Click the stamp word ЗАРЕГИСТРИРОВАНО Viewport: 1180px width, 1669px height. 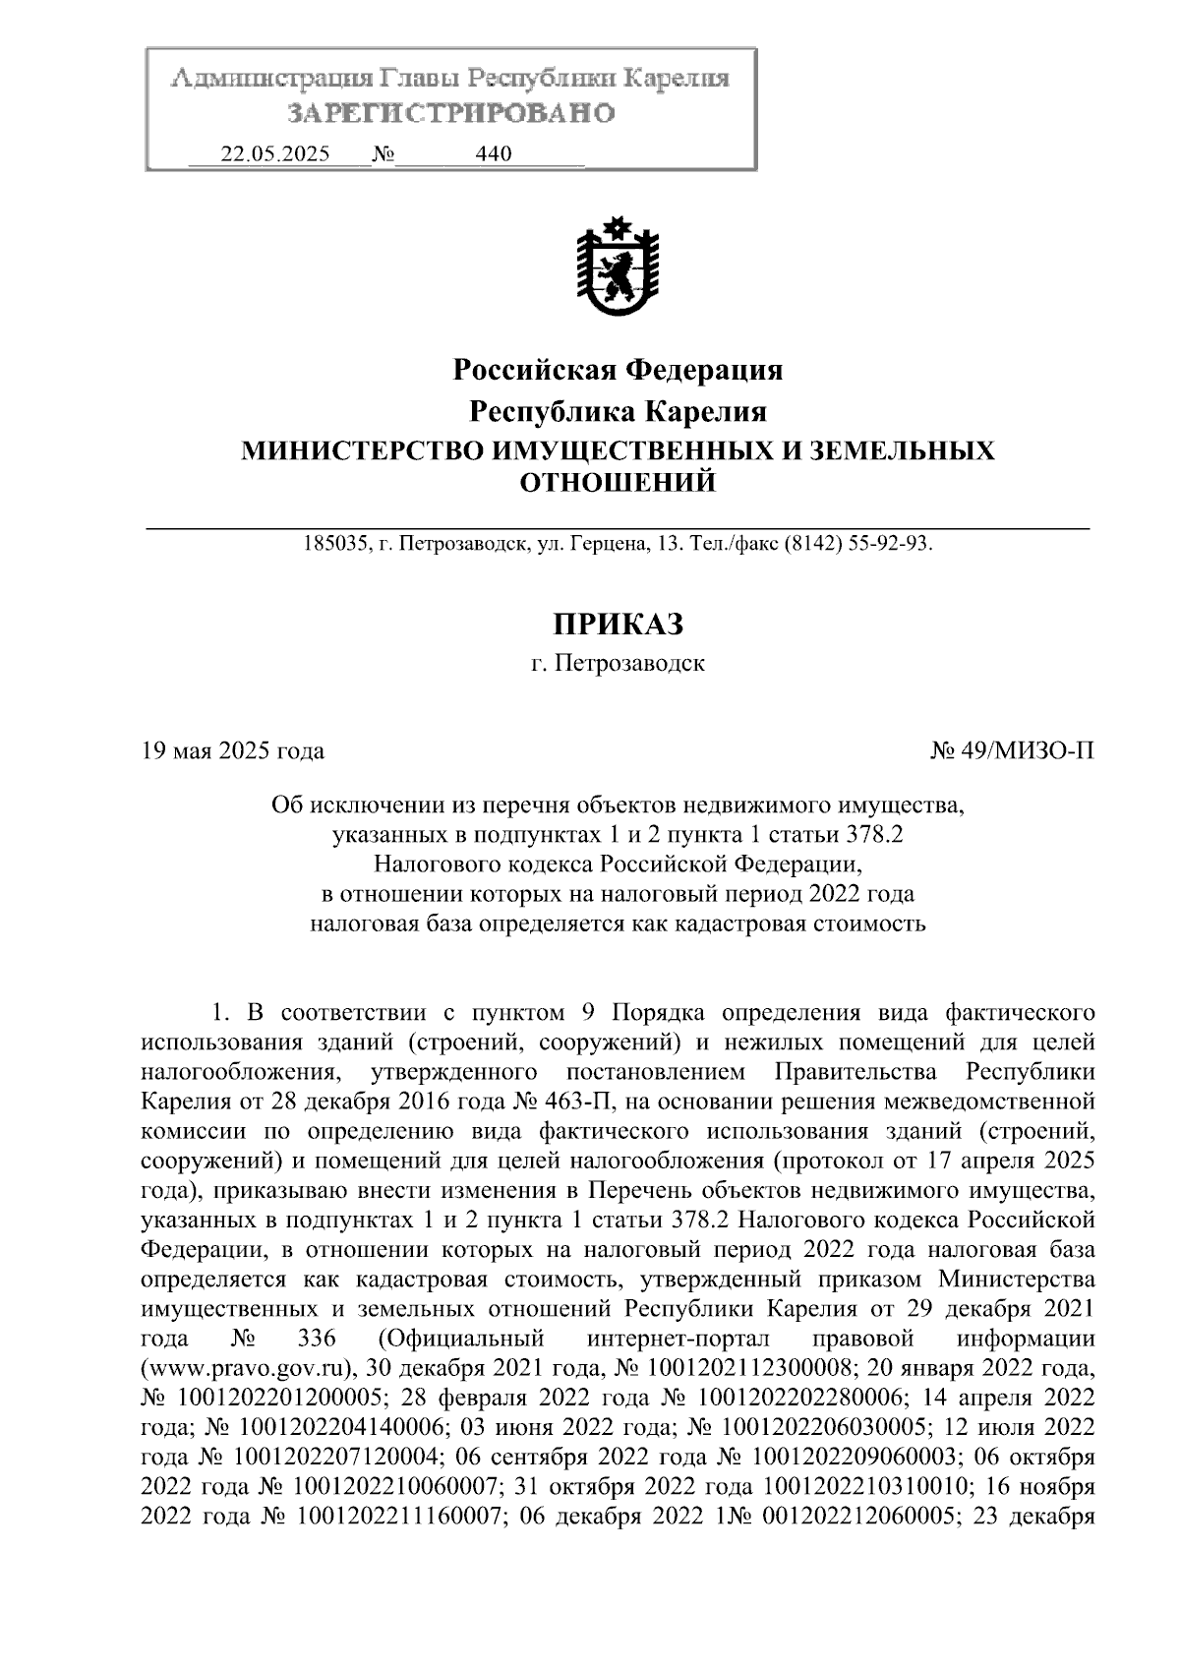(450, 114)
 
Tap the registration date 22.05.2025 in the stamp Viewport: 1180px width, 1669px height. (275, 154)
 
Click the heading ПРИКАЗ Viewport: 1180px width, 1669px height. (618, 624)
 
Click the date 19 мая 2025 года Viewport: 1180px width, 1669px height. (233, 751)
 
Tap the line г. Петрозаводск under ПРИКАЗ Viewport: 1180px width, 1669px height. (618, 664)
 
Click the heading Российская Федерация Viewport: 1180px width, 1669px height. (618, 371)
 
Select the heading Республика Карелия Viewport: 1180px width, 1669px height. (618, 411)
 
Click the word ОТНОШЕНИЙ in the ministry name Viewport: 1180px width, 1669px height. (618, 483)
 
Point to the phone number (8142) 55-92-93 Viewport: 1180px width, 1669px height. (855, 543)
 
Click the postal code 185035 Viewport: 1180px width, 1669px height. (334, 543)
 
